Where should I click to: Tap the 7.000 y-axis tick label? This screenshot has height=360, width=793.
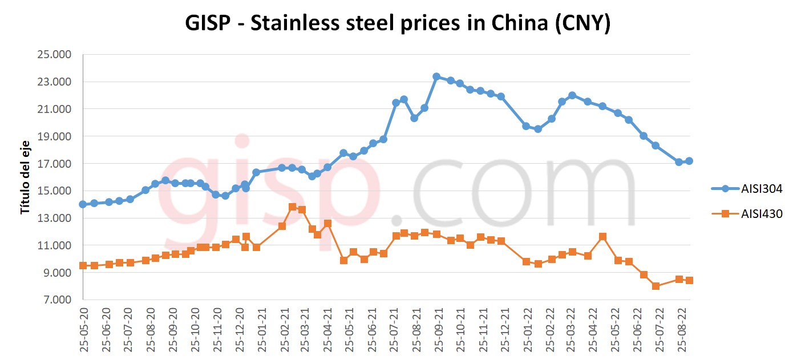point(56,300)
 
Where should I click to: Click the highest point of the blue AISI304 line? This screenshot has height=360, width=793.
point(436,76)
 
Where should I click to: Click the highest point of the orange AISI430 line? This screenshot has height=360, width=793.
point(293,207)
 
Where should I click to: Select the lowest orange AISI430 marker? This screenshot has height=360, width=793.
point(656,286)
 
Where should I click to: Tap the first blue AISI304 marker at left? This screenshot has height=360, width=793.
point(83,204)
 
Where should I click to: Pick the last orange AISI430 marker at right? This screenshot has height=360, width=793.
point(689,281)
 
